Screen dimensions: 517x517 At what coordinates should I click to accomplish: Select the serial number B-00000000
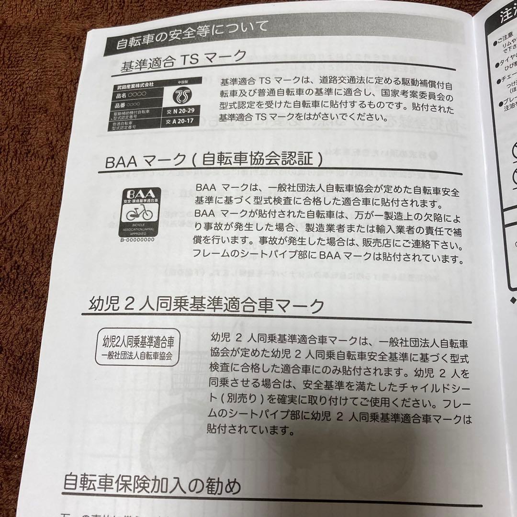(138, 240)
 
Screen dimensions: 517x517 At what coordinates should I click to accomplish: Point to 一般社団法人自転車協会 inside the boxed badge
(137, 356)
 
